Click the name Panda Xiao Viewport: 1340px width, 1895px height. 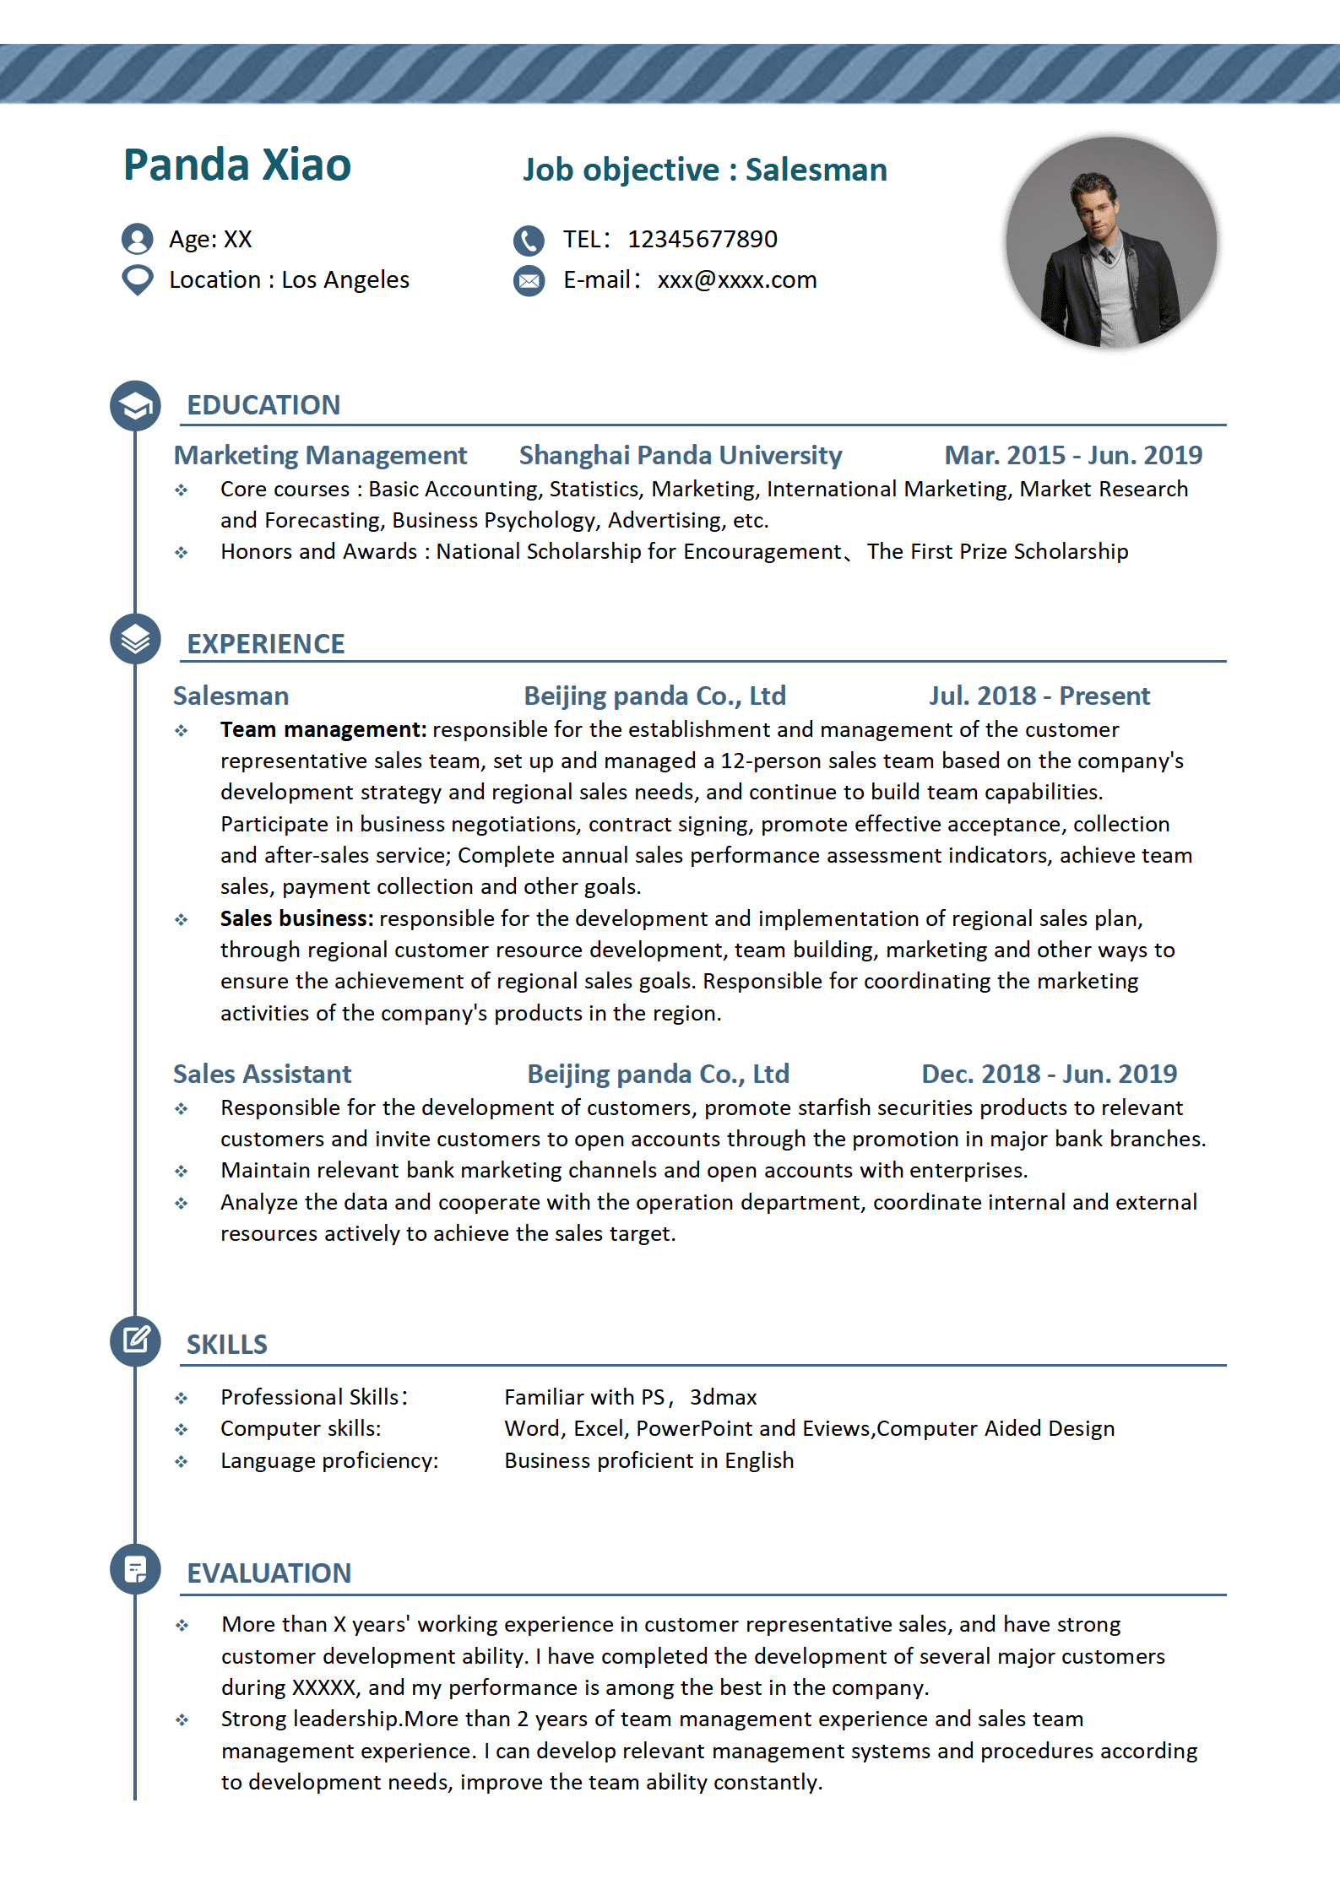pos(237,165)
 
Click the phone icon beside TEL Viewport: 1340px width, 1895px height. pos(529,241)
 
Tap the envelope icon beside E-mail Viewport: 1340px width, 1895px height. pos(529,280)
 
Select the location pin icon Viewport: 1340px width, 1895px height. pos(137,279)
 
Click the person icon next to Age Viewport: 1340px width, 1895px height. pos(137,239)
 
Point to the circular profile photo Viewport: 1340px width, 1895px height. pos(1110,242)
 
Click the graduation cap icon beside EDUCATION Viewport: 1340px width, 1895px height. pos(135,406)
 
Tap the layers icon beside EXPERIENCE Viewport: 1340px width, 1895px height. pos(135,639)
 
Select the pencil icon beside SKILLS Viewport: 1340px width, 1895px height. pos(135,1340)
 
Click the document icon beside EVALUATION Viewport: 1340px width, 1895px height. pos(135,1569)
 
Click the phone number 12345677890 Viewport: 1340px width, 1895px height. pos(702,240)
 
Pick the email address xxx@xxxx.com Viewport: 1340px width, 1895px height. pos(737,280)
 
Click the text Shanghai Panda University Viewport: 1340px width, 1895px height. pos(681,456)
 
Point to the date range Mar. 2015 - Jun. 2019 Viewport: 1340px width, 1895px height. pos(1072,456)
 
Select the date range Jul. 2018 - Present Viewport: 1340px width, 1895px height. pos(1039,696)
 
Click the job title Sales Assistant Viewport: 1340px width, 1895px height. pos(262,1075)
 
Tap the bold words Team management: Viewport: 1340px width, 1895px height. pos(323,730)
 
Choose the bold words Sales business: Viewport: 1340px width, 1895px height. pos(296,919)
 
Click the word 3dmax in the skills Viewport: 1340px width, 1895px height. pos(723,1398)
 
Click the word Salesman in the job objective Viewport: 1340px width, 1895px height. pos(816,171)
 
